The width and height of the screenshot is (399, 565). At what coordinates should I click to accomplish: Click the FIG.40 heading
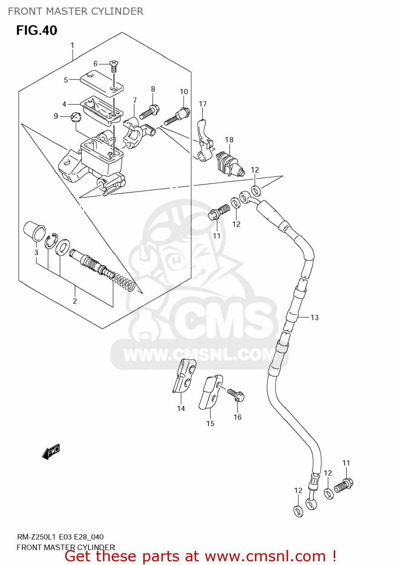[37, 31]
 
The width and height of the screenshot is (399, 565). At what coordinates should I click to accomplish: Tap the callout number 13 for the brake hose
[315, 318]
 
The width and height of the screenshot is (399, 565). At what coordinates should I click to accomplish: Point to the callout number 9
[56, 116]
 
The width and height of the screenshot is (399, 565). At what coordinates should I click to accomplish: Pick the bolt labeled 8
[150, 112]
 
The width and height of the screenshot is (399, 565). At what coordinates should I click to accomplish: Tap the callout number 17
[203, 104]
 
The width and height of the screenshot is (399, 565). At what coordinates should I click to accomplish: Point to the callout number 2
[75, 301]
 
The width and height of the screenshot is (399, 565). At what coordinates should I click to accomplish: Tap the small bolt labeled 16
[236, 395]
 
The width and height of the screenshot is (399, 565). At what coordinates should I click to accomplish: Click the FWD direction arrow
[51, 451]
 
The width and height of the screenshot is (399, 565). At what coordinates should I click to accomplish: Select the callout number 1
[72, 46]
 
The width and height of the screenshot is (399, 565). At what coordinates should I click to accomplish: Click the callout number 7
[135, 101]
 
